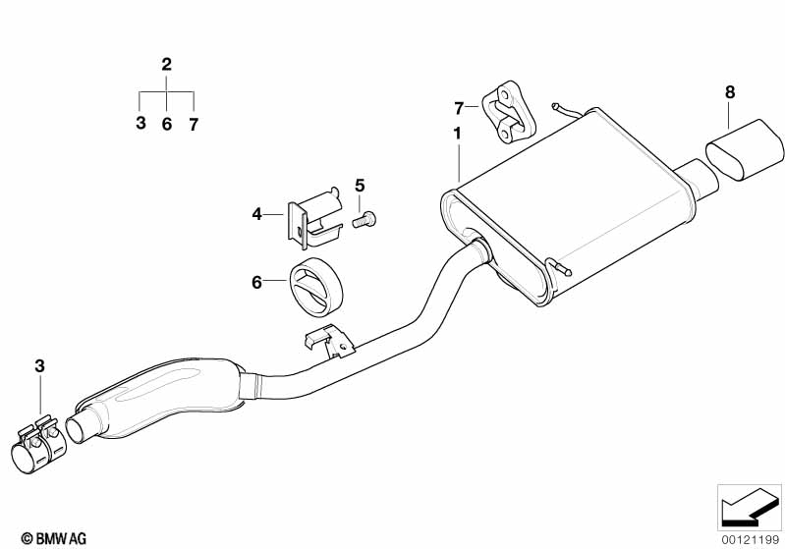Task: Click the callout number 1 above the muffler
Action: point(457,133)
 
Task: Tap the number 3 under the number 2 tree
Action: point(140,124)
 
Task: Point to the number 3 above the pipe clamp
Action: point(40,366)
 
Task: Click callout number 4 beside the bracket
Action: point(256,212)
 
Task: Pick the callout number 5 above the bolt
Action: point(359,185)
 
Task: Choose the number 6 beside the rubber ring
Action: point(256,282)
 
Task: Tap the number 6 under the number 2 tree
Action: point(166,124)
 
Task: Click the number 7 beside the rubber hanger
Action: point(458,106)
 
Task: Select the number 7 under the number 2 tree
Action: point(194,124)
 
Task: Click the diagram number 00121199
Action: point(752,537)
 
